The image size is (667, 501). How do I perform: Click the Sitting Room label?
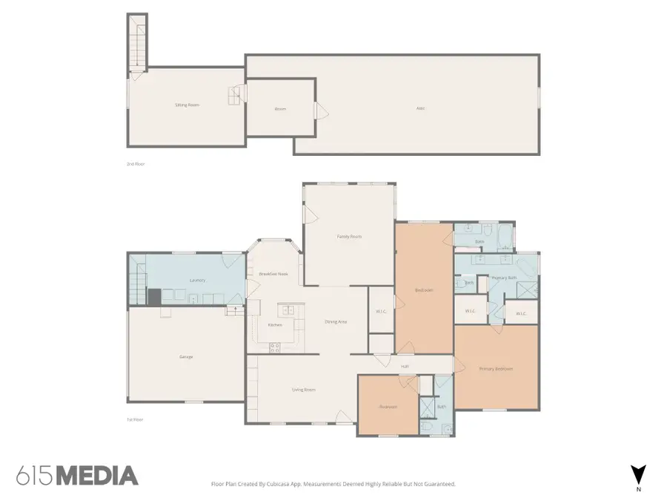[187, 105]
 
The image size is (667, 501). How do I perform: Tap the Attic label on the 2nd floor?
[420, 108]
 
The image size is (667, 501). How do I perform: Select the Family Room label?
[349, 236]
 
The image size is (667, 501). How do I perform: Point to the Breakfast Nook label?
[273, 274]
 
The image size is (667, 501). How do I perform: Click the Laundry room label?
[197, 280]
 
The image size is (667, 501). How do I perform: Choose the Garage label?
[186, 357]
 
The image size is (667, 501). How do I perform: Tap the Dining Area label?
[336, 321]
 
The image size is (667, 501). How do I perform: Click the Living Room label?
[304, 389]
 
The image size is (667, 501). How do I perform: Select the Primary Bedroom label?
[496, 369]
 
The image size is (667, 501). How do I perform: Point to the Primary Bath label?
[504, 278]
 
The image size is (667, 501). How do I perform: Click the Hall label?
[405, 366]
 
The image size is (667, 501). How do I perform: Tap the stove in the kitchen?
[274, 346]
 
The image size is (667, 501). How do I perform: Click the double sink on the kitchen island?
[287, 310]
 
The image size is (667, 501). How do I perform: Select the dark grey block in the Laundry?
[154, 297]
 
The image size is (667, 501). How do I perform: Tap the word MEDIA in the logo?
[97, 476]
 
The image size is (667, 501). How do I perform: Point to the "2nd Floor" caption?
[135, 163]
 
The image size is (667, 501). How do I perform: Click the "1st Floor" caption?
[134, 419]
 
